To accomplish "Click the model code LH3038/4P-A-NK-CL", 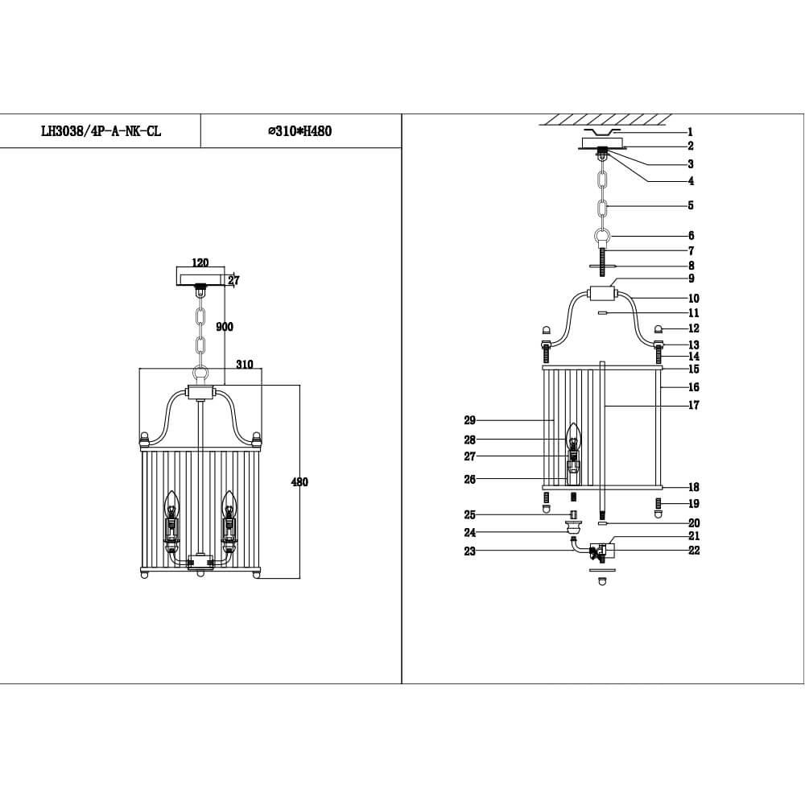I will coord(101,131).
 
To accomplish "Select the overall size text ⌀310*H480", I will coord(299,131).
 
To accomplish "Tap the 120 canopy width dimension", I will coord(200,263).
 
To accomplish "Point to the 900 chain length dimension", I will coord(225,327).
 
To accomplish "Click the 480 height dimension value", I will coord(299,482).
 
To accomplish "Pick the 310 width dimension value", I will coord(245,365).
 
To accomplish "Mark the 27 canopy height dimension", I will coord(233,281).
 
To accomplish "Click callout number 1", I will coord(690,132).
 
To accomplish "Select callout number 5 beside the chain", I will coord(690,205).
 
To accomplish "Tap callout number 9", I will coord(690,279).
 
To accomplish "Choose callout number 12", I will coord(693,328).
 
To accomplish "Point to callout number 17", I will coord(693,406).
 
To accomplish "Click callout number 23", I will coord(469,551).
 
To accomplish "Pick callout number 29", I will coord(470,420).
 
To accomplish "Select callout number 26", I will coord(470,480).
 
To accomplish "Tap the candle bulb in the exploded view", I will coord(572,437).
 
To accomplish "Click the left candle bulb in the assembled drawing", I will coord(171,505).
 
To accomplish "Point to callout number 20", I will coord(693,523).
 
